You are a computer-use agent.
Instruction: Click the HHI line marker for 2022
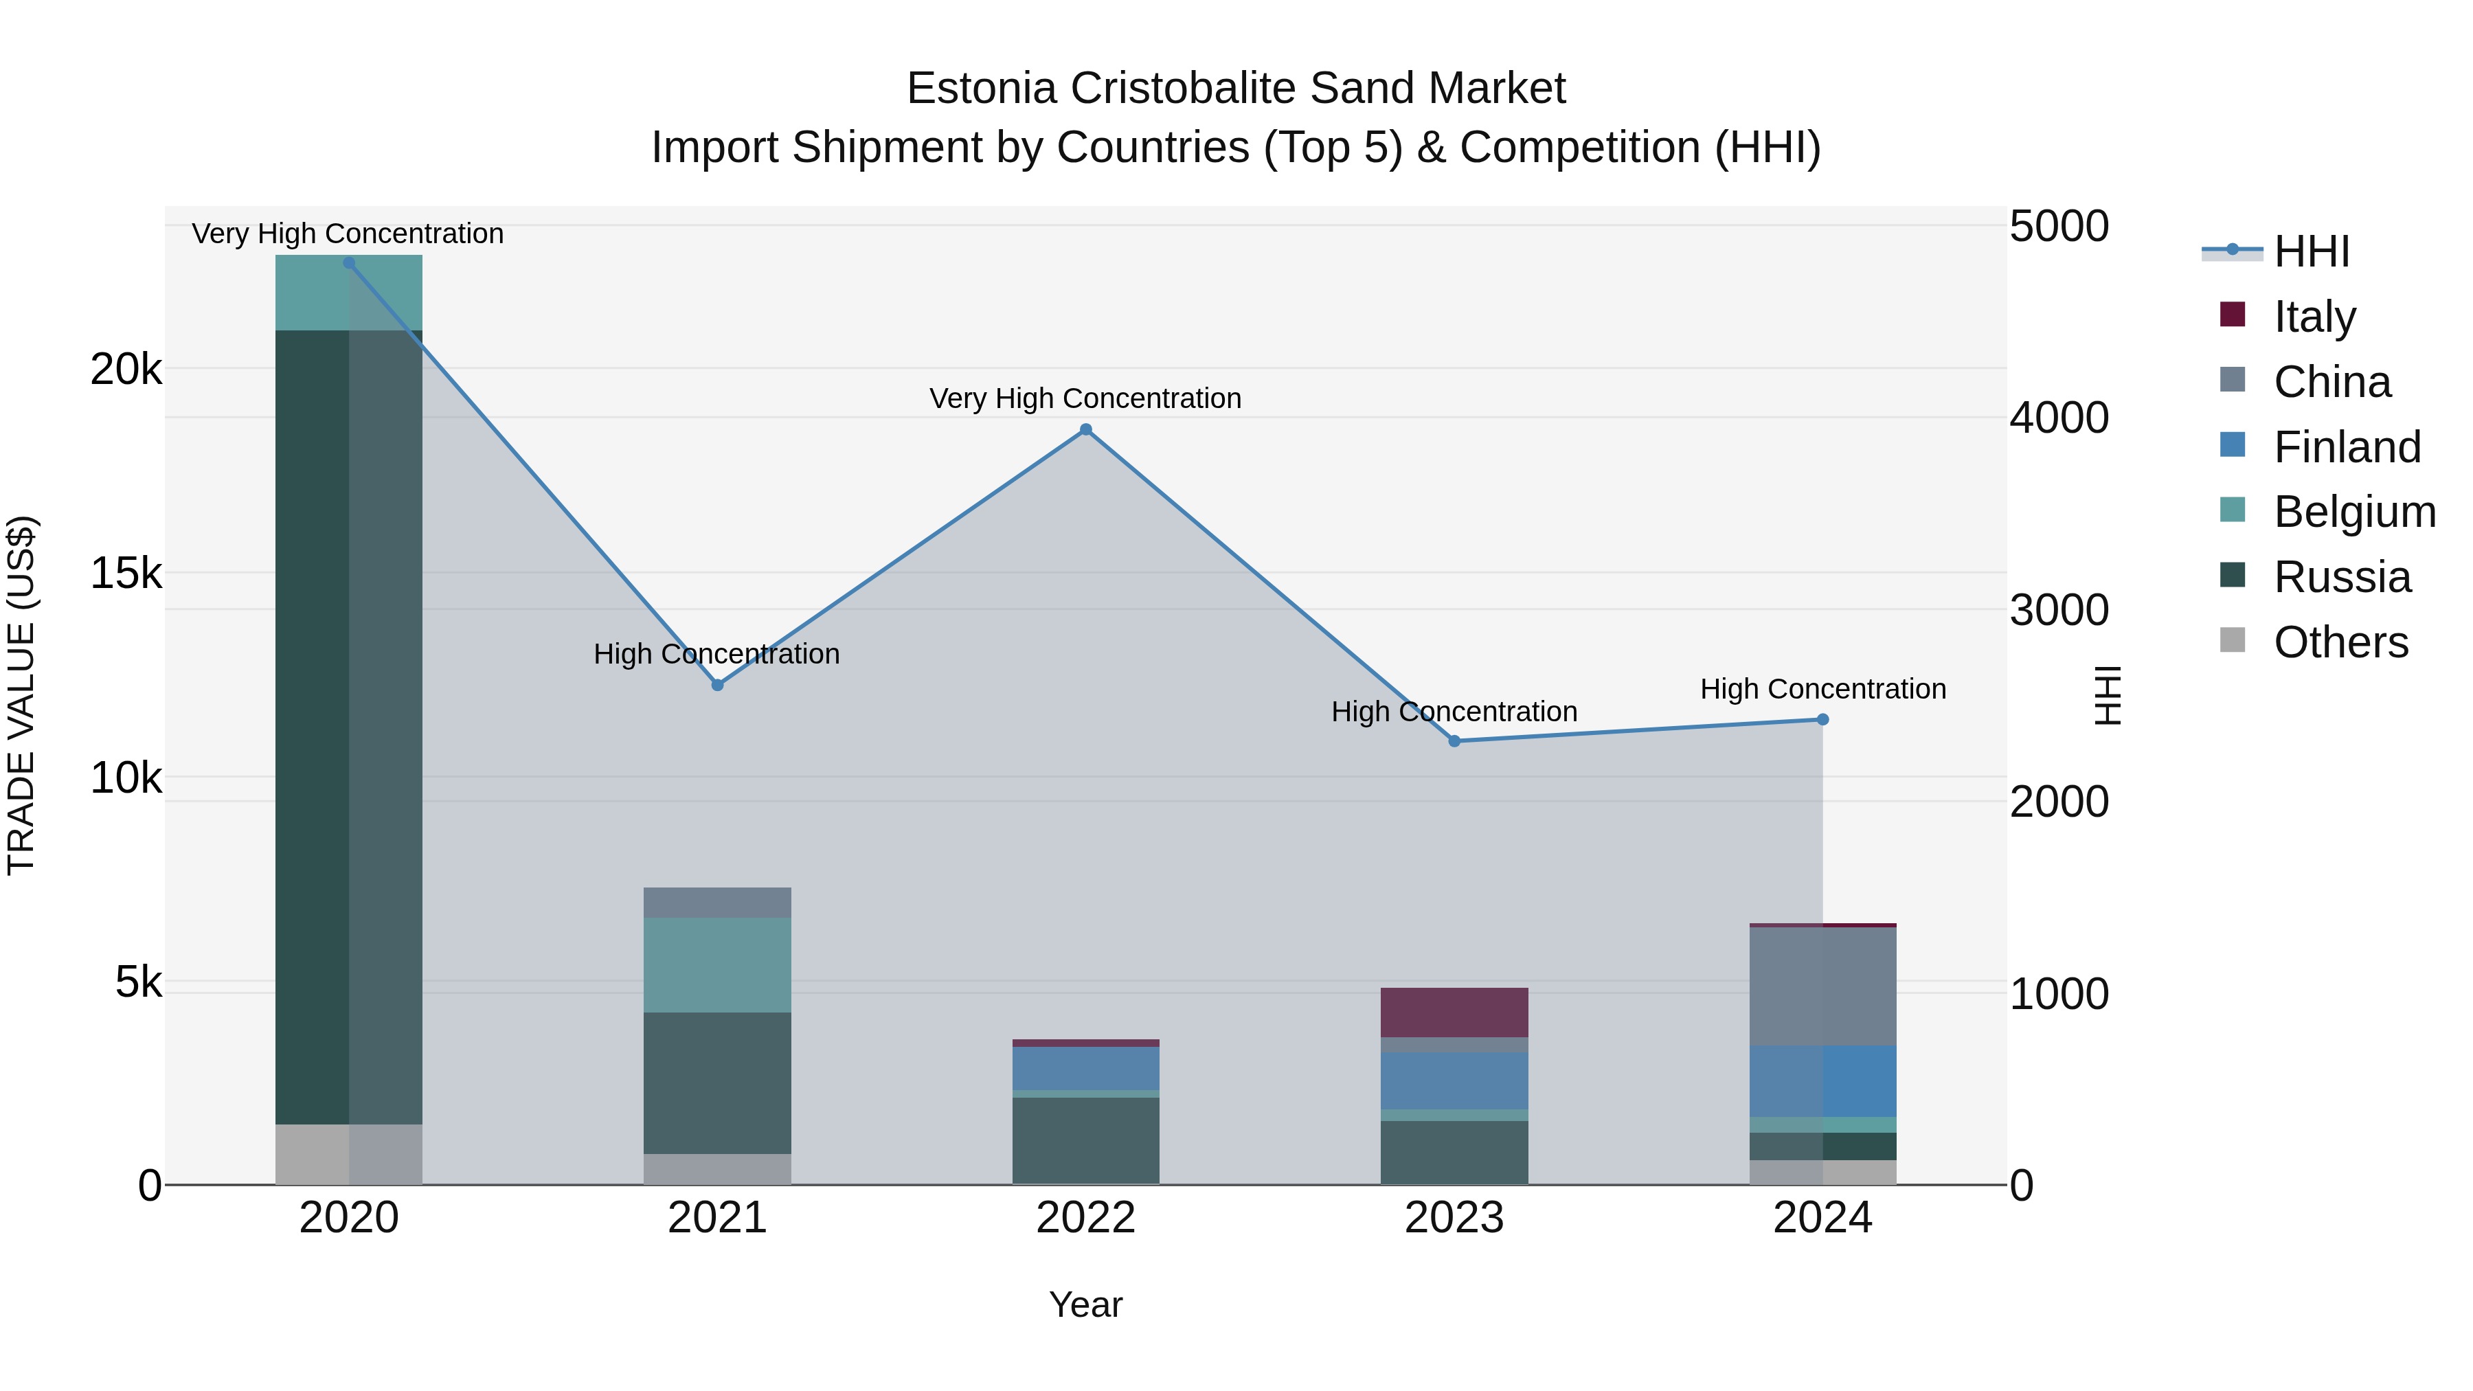1086,430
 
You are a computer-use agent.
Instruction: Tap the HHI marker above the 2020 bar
348,263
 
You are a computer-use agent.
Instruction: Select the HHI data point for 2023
1454,741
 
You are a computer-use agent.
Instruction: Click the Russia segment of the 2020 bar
348,727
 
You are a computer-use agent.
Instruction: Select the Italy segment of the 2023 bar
1454,1012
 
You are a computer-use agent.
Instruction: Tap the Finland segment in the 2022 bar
1086,1068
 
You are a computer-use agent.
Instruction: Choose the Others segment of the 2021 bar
717,1168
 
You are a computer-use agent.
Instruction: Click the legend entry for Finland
2347,447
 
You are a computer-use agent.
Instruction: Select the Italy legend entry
2314,317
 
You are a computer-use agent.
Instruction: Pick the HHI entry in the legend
2311,251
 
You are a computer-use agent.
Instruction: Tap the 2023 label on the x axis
1454,1218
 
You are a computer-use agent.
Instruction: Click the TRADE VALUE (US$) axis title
21,695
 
